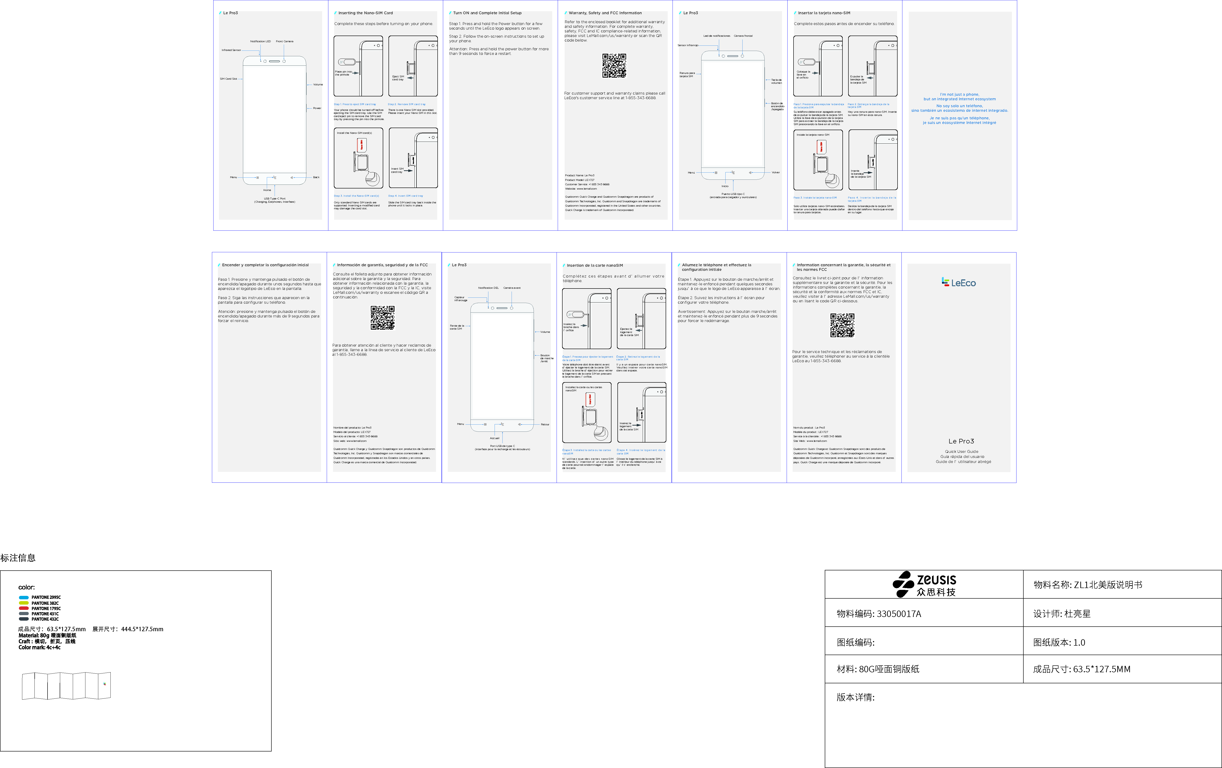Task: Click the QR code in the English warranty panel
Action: coord(614,65)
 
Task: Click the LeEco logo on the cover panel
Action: coord(959,283)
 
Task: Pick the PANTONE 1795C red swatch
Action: coord(23,608)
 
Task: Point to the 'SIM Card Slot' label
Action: coord(228,79)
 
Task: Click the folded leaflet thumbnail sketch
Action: coord(66,686)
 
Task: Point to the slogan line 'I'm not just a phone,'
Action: coord(959,94)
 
